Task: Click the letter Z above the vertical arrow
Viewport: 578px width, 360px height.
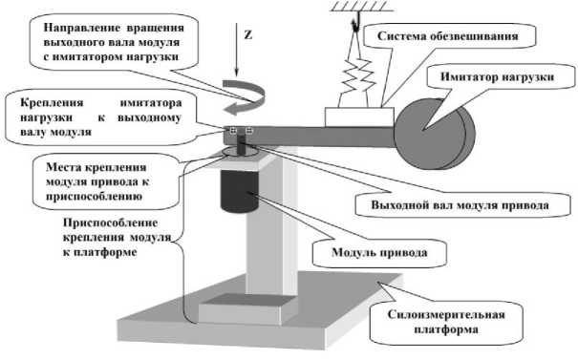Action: (248, 34)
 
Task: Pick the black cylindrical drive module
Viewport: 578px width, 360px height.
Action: (240, 190)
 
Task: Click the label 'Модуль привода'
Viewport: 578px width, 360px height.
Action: (379, 252)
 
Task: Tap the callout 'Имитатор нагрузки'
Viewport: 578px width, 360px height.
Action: (498, 76)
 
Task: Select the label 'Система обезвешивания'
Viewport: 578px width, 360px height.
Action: (448, 36)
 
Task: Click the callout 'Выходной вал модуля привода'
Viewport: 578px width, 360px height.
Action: (460, 205)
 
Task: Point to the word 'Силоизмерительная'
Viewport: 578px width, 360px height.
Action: (446, 315)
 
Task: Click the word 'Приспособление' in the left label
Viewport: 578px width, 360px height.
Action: (111, 223)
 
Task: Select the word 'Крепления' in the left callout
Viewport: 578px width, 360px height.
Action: (52, 103)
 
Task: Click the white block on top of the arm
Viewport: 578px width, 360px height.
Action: (359, 117)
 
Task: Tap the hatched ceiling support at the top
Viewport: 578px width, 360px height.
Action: (358, 6)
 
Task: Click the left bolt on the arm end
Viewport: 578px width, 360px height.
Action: (233, 131)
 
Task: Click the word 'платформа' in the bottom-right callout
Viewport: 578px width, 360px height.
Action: (446, 329)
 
